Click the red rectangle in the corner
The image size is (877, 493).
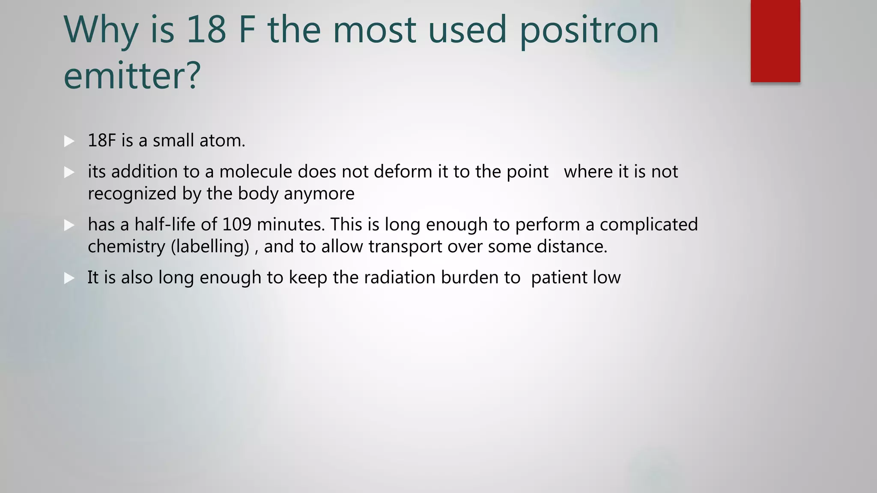coord(775,41)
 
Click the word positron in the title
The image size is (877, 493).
coord(589,30)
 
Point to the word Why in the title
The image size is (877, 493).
coord(101,30)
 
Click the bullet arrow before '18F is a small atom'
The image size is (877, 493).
coord(69,141)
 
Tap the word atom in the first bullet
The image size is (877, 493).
coord(222,141)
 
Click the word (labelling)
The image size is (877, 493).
coord(210,247)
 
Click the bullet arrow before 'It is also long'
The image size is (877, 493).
coord(69,279)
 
